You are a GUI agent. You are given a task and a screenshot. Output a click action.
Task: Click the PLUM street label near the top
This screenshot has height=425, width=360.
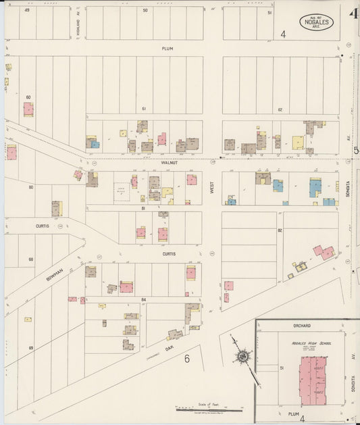tap(168, 49)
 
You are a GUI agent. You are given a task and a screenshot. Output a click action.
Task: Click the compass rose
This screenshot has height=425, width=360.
tap(242, 356)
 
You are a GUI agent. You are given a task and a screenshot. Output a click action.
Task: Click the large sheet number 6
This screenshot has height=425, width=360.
tap(187, 359)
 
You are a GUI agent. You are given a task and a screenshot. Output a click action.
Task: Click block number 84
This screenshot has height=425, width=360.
tap(144, 299)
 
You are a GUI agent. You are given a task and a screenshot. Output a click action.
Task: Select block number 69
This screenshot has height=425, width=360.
tap(31, 347)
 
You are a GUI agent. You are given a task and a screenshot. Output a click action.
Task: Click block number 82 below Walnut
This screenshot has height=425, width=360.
tap(278, 230)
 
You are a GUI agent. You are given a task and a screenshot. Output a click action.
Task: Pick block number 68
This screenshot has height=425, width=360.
tap(31, 259)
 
